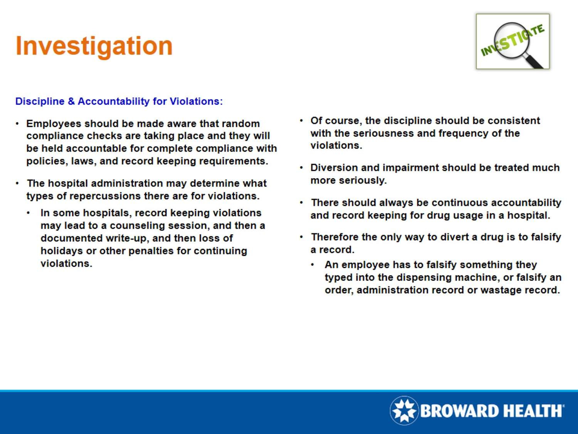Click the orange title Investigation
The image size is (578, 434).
pyautogui.click(x=94, y=46)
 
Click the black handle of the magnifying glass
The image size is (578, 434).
pyautogui.click(x=535, y=61)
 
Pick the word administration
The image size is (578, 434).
pyautogui.click(x=127, y=183)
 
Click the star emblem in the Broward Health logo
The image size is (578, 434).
pyautogui.click(x=404, y=410)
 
